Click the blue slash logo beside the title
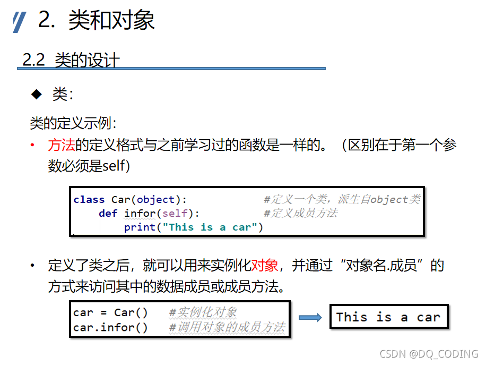19,22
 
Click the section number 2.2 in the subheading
33,60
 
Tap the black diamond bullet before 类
36,94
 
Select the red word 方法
61,145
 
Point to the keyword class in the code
89,200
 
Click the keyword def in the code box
108,214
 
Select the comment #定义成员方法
300,214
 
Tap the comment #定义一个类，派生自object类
342,200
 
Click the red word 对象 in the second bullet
265,265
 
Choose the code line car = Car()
111,312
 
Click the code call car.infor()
111,327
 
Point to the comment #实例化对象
203,312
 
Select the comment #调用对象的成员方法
227,327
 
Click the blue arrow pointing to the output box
310,318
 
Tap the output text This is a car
388,318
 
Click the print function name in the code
140,227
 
